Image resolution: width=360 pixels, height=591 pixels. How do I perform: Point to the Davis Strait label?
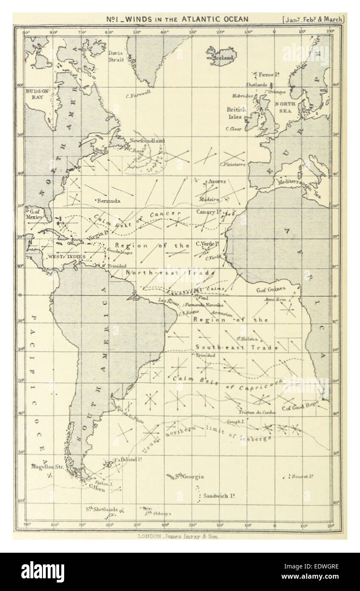(115, 57)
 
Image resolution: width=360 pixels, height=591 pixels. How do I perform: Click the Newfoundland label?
(147, 140)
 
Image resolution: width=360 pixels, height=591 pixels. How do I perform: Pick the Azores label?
(217, 182)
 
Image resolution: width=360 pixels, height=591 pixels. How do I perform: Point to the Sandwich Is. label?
(219, 496)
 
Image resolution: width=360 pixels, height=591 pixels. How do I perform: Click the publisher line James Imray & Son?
(179, 537)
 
